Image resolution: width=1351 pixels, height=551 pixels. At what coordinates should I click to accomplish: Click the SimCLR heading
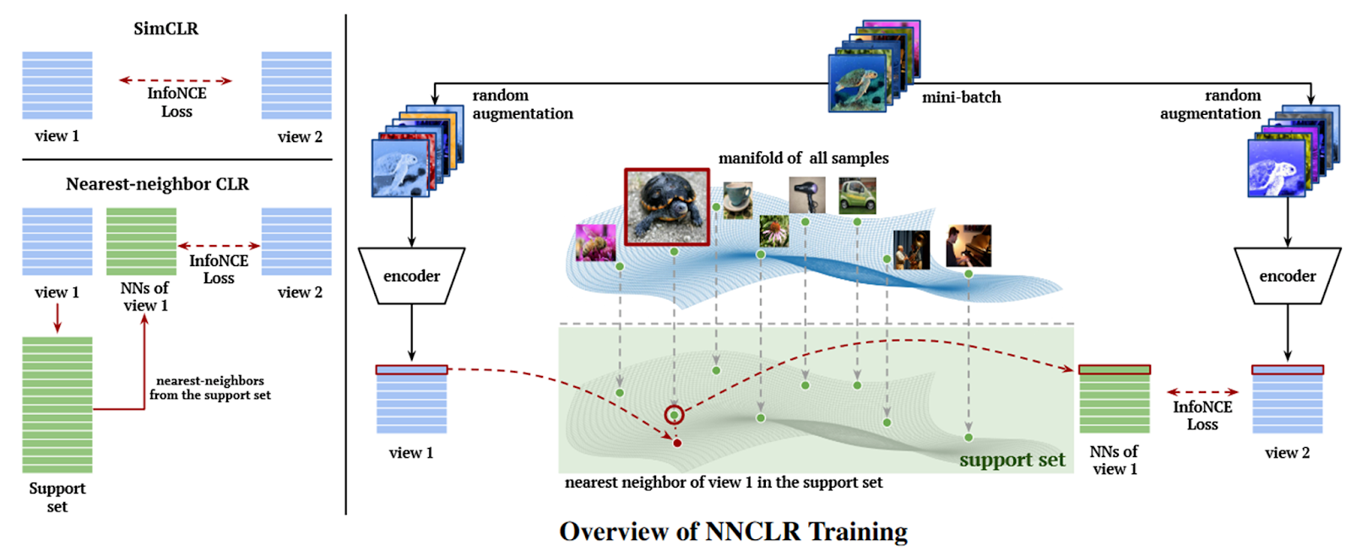(x=166, y=29)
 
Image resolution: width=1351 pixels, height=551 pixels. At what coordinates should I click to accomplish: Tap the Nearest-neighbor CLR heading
(x=157, y=184)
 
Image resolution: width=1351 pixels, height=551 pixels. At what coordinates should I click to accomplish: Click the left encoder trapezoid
(x=411, y=275)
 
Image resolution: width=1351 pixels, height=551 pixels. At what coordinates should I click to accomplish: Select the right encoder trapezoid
(x=1287, y=275)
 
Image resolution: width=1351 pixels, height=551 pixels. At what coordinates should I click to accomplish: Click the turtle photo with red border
(x=666, y=207)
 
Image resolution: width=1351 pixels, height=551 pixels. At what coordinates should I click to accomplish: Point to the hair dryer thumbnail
(x=806, y=196)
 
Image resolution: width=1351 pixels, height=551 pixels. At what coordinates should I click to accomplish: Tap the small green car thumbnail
(x=857, y=196)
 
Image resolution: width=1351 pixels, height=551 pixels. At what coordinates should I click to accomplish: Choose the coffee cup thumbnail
(x=737, y=200)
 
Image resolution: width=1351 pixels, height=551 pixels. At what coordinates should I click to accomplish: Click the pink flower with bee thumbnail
(x=594, y=243)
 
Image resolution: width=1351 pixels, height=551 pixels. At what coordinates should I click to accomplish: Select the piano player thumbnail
(x=968, y=246)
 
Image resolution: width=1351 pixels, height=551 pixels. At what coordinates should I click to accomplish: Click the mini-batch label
(x=961, y=97)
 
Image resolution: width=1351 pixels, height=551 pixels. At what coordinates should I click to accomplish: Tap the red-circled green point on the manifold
(x=674, y=415)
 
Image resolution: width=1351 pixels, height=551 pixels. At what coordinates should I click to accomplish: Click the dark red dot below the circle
(x=677, y=443)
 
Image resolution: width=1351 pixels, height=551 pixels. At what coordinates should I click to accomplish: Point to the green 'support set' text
(x=1012, y=460)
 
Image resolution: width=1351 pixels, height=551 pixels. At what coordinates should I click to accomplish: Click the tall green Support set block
(x=57, y=405)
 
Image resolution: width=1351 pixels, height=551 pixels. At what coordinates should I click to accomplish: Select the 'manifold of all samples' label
(x=803, y=158)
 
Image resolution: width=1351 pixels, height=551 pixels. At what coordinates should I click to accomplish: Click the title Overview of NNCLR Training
(x=733, y=532)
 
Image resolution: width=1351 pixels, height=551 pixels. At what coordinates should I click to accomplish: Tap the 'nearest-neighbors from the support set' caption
(x=210, y=388)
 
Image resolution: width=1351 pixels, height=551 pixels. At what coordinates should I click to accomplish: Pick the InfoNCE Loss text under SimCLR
(x=176, y=102)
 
